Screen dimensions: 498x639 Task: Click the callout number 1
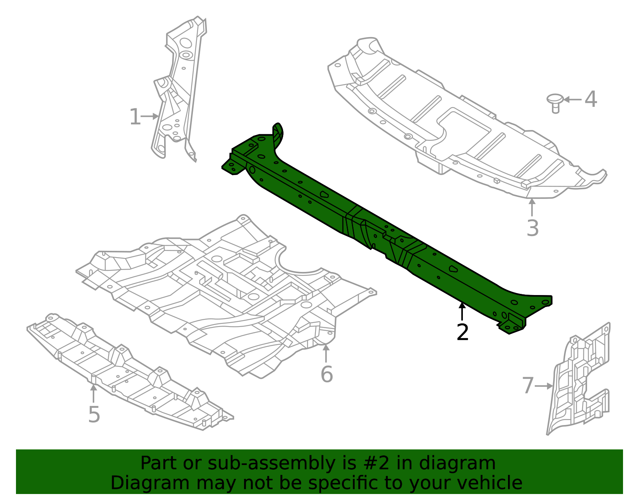coord(135,117)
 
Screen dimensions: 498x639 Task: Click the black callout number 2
coord(462,332)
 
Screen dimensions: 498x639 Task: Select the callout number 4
coord(591,99)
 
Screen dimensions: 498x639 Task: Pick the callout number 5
coord(94,414)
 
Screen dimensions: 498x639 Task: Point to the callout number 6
coord(326,374)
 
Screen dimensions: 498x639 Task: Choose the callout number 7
coord(528,386)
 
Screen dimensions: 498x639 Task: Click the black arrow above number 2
coord(462,311)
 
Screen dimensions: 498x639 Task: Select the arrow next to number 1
coord(150,116)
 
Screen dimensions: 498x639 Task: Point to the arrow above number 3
coord(532,207)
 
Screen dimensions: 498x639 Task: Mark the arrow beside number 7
coord(544,386)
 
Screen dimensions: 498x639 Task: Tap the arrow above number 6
coord(326,353)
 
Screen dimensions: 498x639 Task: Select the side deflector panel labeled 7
coord(579,383)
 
